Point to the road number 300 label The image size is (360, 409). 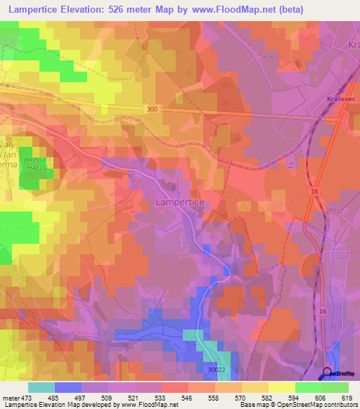(x=153, y=109)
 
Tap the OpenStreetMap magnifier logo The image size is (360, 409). (x=328, y=373)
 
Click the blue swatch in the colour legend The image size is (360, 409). (x=67, y=387)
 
